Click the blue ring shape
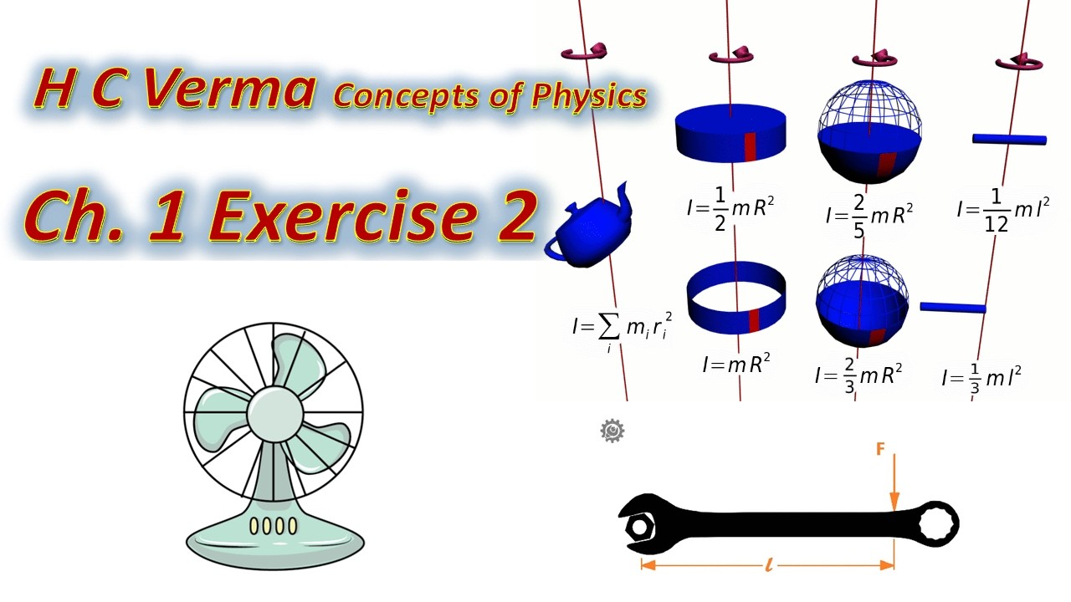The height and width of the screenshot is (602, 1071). point(735,297)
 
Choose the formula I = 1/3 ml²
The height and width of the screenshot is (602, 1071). point(981,377)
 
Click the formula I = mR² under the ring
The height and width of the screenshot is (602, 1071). point(736,364)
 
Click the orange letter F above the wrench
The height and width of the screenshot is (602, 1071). point(880,450)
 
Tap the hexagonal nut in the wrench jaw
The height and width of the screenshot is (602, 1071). point(641,528)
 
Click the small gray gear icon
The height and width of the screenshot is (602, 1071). point(612,431)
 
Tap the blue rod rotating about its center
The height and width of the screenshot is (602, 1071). point(1009,139)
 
